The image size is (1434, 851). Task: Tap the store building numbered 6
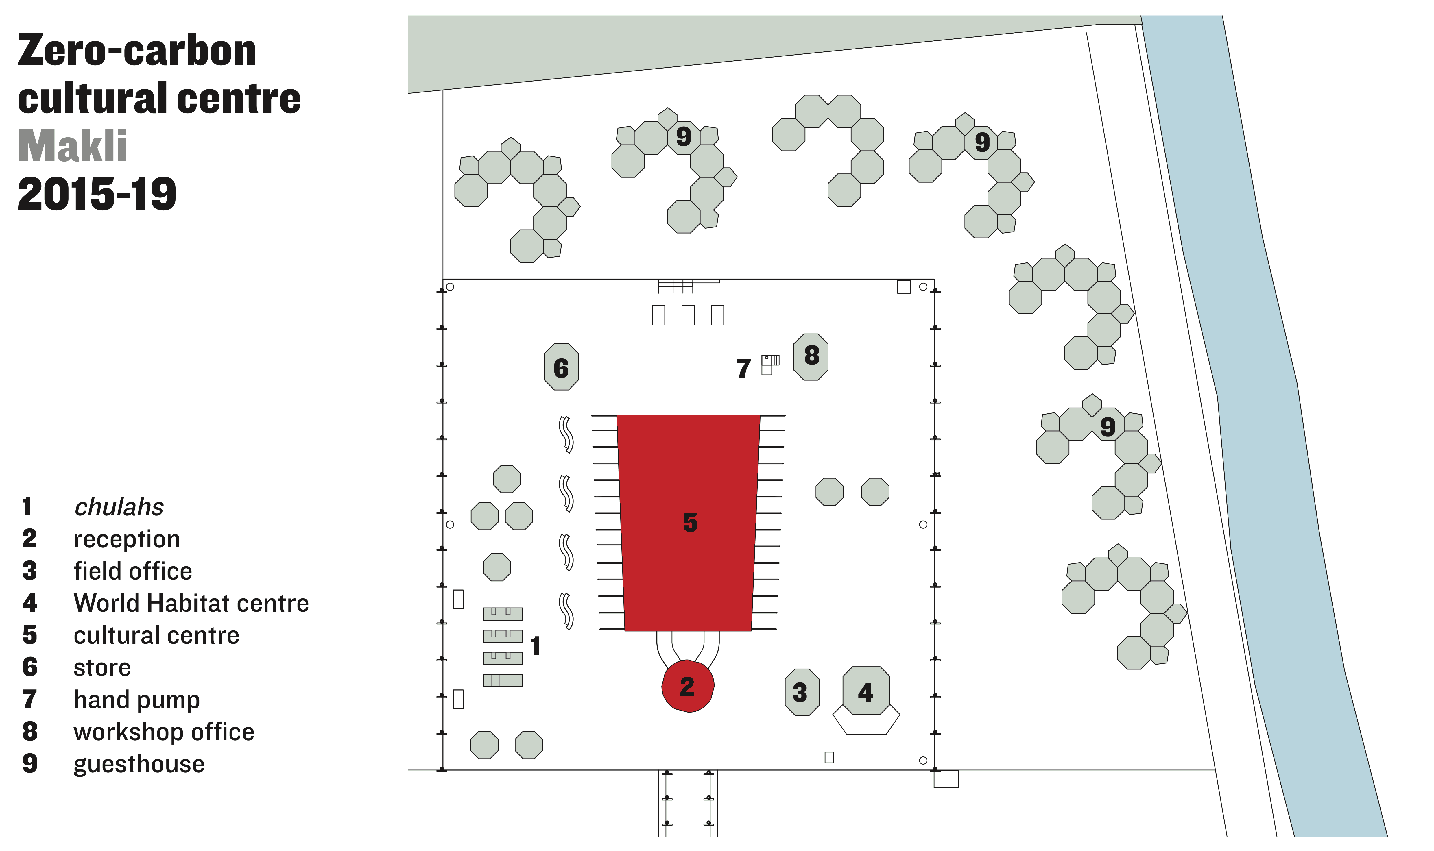[561, 367]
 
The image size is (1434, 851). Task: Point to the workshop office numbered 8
[811, 357]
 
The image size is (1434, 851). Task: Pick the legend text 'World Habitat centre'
[191, 603]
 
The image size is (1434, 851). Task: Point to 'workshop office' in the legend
[164, 732]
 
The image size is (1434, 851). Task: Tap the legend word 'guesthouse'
[139, 764]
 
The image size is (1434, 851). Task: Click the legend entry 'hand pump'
[137, 700]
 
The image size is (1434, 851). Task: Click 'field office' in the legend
[133, 571]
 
